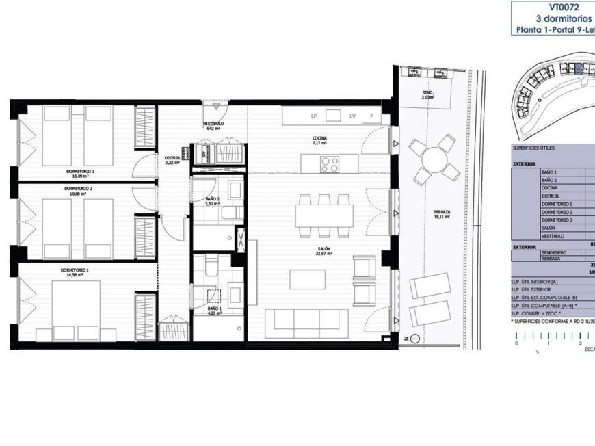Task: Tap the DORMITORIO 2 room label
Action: [x=78, y=187]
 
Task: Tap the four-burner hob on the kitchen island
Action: [x=330, y=163]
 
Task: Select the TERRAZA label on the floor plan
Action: [x=442, y=213]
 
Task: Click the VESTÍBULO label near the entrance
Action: [x=213, y=124]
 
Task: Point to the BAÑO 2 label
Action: [x=213, y=200]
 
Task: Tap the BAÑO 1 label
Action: [x=214, y=309]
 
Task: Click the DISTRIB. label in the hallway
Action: [x=172, y=159]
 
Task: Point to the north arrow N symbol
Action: [x=405, y=339]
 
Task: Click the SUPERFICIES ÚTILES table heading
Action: [x=533, y=148]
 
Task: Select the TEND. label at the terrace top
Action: [x=428, y=93]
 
